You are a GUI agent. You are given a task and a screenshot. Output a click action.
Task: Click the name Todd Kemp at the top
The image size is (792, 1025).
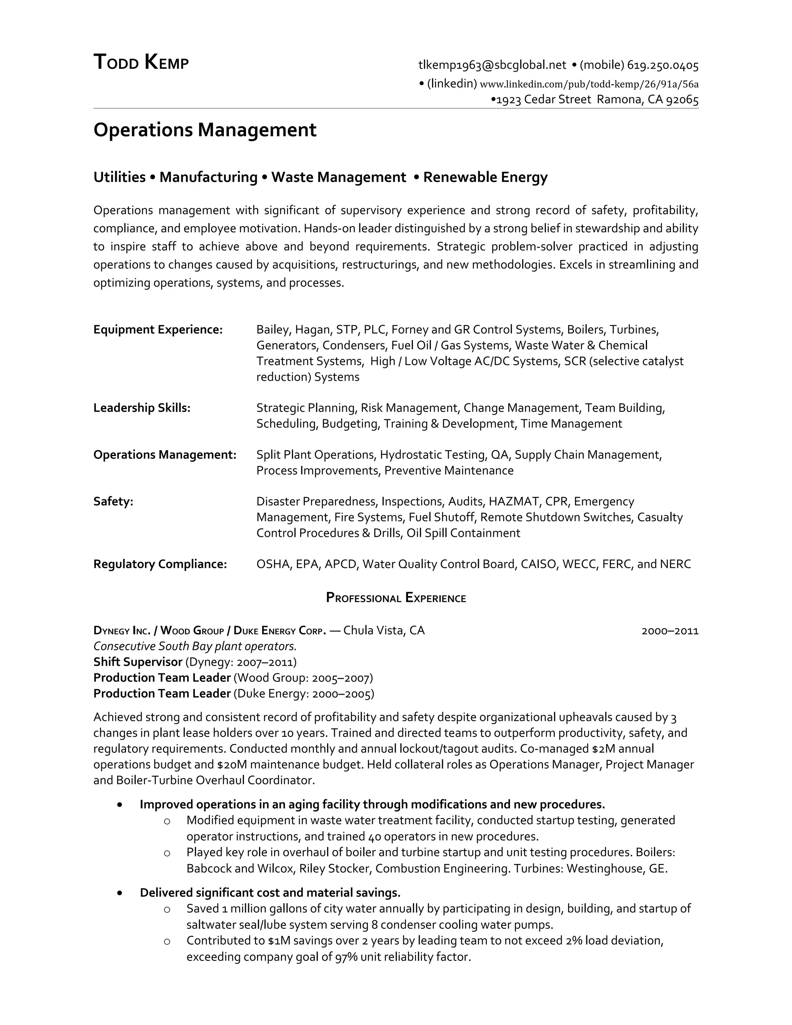click(141, 62)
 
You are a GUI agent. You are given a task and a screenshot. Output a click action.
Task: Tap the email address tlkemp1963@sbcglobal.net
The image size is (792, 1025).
click(492, 65)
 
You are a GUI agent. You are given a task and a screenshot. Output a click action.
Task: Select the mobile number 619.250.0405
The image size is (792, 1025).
click(662, 65)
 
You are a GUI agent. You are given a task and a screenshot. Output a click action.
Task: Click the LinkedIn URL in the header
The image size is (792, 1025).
click(589, 84)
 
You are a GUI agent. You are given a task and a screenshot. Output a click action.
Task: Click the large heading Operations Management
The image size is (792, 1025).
click(205, 130)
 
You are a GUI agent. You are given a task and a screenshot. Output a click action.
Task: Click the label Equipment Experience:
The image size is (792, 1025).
click(158, 330)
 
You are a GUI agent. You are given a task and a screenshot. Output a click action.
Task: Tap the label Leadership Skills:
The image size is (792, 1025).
click(142, 408)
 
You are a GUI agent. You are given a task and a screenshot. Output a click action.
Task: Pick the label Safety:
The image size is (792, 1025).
click(113, 501)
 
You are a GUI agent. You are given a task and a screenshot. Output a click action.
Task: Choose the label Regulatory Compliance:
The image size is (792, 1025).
click(160, 564)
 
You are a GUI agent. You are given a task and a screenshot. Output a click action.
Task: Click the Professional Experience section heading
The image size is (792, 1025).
click(396, 598)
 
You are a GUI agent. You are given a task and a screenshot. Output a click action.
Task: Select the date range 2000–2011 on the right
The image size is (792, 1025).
click(669, 631)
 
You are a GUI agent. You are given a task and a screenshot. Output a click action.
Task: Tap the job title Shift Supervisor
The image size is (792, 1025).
click(137, 662)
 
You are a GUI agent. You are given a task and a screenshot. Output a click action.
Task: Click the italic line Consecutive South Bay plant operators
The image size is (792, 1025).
click(195, 646)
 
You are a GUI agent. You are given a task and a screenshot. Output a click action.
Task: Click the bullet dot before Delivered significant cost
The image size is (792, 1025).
click(121, 893)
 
